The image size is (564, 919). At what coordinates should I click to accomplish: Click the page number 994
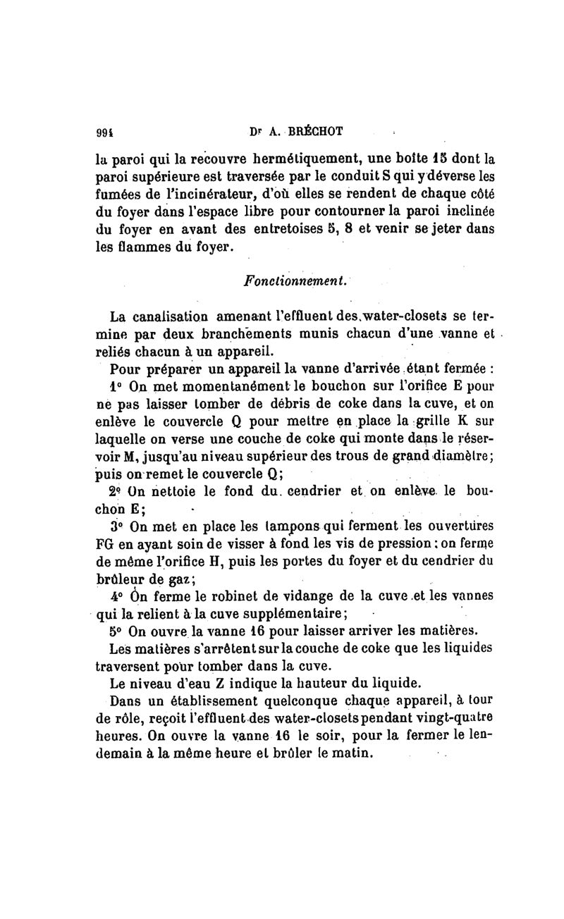pyautogui.click(x=105, y=130)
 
